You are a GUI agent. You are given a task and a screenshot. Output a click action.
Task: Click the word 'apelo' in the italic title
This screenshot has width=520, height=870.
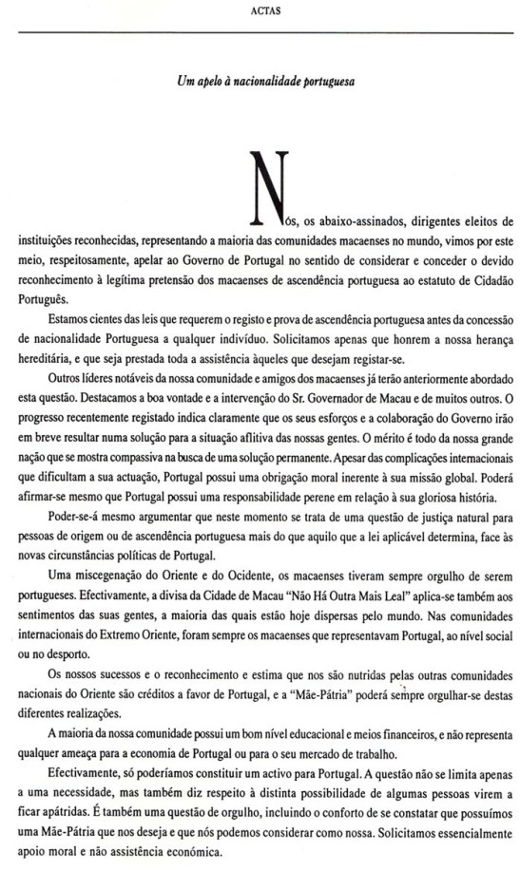(x=212, y=84)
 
